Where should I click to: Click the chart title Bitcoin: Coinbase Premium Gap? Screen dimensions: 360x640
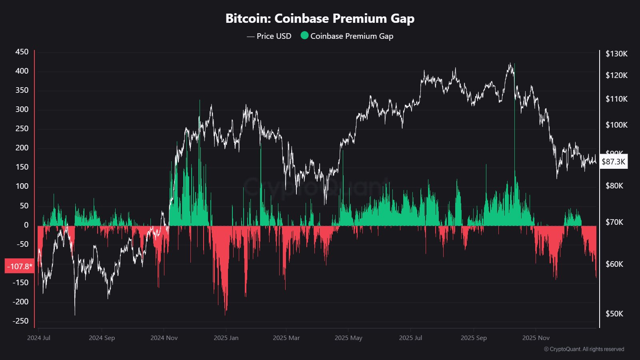click(320, 18)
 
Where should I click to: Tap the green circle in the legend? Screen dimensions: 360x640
click(304, 36)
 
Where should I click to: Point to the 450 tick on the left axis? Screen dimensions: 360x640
click(22, 52)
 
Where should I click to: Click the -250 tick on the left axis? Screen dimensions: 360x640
click(21, 321)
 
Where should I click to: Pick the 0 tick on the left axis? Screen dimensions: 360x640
click(26, 225)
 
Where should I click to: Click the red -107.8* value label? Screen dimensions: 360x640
click(19, 266)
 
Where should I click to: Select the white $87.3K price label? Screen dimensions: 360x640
click(613, 162)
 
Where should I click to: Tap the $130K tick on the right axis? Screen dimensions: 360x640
click(616, 54)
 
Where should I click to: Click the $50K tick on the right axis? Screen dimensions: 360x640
click(614, 314)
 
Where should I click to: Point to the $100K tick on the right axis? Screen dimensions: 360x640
click(616, 125)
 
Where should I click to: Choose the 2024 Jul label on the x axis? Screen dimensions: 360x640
click(39, 338)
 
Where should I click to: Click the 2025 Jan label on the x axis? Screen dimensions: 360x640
click(226, 338)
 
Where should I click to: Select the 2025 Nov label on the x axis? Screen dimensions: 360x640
click(536, 338)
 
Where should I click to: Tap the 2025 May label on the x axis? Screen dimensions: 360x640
click(348, 338)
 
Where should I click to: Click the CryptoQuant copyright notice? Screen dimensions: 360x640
click(584, 349)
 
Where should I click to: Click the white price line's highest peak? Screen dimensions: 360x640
click(510, 63)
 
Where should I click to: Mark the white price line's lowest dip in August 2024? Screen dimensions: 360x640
click(75, 314)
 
